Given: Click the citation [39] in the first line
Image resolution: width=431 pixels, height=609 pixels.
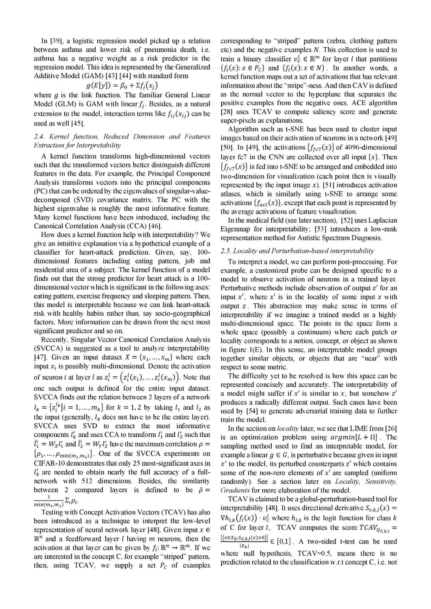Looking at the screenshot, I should tap(55, 41).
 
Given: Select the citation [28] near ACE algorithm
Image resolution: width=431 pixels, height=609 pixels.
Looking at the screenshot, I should tap(227, 112).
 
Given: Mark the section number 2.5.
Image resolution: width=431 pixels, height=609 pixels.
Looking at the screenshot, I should tap(226, 251).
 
